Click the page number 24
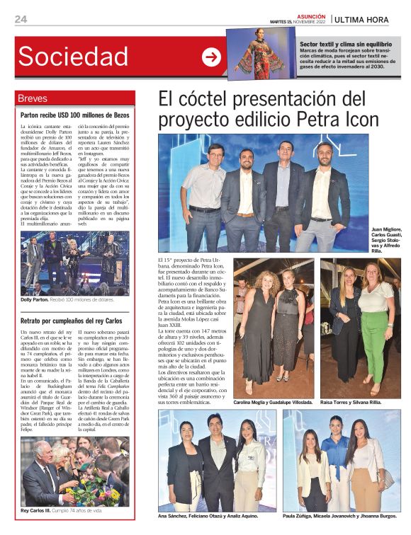coord(21,19)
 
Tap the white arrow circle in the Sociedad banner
coord(211,57)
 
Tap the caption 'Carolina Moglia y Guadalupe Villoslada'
coord(274,401)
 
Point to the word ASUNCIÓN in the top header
coord(311,16)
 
